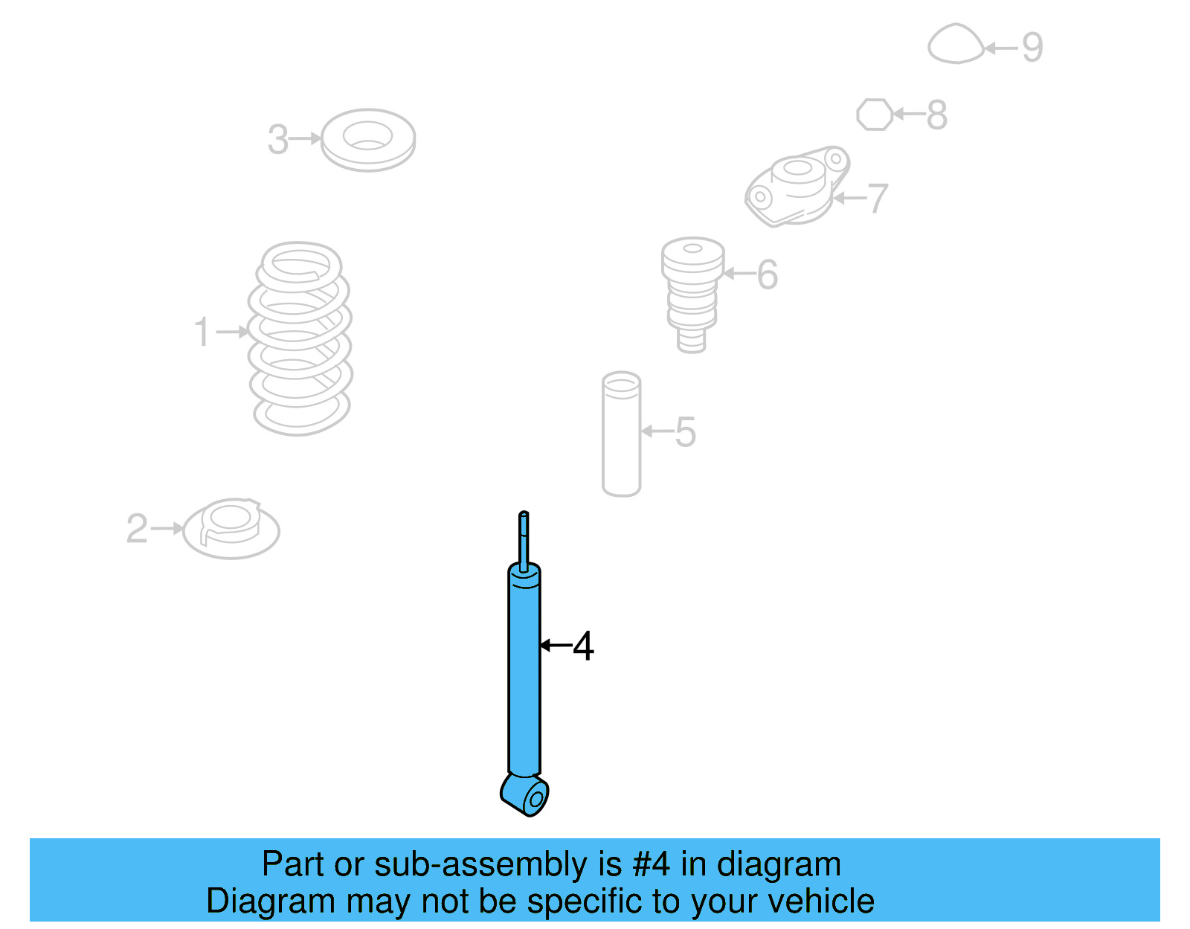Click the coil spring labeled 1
(300, 339)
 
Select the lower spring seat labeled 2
(231, 528)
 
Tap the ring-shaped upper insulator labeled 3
(368, 140)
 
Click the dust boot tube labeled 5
(622, 434)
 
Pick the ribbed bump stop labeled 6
(692, 295)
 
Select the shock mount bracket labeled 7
(797, 186)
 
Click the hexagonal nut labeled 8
(875, 115)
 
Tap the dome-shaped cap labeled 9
(956, 43)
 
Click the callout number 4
(583, 646)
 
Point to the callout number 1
(202, 331)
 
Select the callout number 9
(1032, 48)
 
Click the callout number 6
(768, 274)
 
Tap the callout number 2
(137, 529)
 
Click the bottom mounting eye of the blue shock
(525, 795)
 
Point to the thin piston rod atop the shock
(524, 541)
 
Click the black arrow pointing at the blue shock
(556, 646)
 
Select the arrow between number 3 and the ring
(305, 138)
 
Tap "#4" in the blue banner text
(651, 864)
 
